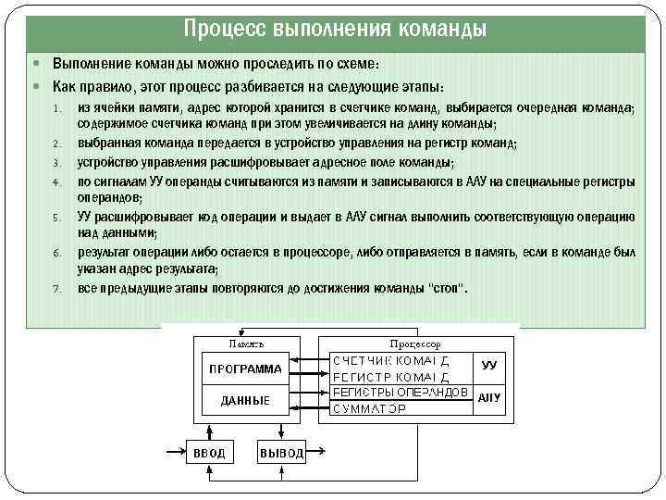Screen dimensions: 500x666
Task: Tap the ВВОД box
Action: tap(208, 453)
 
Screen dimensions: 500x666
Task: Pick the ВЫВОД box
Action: tap(281, 453)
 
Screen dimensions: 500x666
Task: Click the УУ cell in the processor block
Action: tap(489, 365)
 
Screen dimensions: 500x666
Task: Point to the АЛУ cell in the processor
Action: tap(489, 397)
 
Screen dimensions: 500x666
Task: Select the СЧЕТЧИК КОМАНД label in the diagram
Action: tap(391, 359)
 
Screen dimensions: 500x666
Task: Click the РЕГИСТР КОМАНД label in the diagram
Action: tap(391, 376)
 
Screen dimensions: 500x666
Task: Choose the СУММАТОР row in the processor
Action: tap(369, 408)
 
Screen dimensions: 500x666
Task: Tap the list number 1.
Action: tap(56, 108)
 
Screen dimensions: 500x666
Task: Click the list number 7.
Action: tap(56, 289)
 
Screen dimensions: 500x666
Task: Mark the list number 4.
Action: tap(56, 181)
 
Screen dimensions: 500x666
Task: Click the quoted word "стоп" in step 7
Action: tap(450, 288)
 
